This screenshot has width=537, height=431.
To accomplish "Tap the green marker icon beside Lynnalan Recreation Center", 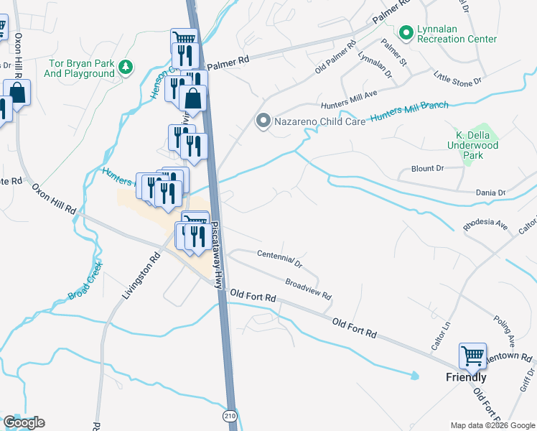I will point(406,33).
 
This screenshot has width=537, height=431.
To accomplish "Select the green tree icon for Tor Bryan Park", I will point(126,67).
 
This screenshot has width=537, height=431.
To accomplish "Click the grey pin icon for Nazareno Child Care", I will point(263,121).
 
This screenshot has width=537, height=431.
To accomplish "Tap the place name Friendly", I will point(466,377).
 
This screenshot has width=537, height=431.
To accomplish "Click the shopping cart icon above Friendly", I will point(472,355).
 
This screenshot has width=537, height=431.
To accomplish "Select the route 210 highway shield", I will point(229,416).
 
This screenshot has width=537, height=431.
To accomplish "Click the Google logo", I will point(24,422).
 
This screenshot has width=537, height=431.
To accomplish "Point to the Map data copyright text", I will point(492,425).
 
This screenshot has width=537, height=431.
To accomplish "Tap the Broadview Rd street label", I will point(307,289).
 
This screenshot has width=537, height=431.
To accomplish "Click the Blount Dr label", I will point(428,168).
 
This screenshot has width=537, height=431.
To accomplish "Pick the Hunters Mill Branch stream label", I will point(408,111).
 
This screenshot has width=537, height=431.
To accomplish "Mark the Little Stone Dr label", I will point(459,79).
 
